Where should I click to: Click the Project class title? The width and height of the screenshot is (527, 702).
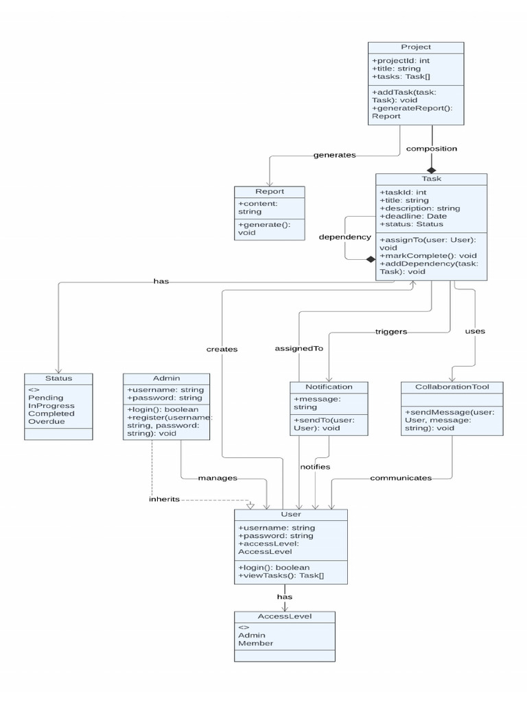[x=416, y=47]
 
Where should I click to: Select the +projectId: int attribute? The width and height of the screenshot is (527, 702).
[x=401, y=60]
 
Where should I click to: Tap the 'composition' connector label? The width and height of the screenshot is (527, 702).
[x=432, y=148]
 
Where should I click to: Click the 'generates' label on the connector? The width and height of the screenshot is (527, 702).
[x=334, y=155]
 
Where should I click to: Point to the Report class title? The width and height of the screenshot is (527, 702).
[x=270, y=192]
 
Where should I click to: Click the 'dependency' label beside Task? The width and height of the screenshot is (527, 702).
[x=344, y=237]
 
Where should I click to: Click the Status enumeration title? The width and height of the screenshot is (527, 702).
[x=58, y=378]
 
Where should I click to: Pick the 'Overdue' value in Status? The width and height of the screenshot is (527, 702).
[x=47, y=422]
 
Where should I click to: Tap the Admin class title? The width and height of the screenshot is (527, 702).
[x=166, y=378]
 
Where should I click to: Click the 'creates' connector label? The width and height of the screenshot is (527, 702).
[x=222, y=349]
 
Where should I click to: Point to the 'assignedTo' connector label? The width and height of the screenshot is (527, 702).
[x=298, y=348]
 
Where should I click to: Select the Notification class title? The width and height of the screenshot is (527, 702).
[x=328, y=387]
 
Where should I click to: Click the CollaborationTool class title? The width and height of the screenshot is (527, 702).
[x=452, y=387]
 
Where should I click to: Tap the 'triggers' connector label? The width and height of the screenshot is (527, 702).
[x=390, y=332]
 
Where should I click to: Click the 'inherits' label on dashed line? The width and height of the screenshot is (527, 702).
[x=164, y=498]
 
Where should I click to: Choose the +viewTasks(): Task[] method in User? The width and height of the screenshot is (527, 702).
[x=281, y=577]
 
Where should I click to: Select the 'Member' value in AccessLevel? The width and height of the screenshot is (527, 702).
[x=255, y=643]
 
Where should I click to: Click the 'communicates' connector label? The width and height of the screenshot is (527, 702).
[x=401, y=477]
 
